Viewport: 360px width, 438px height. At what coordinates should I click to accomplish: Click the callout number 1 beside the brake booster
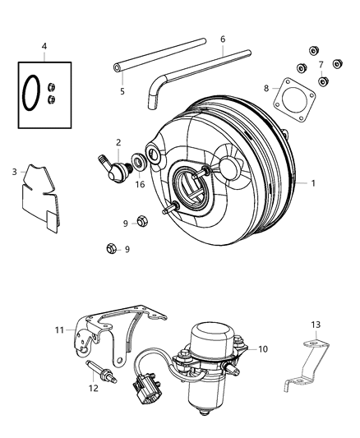pos(312,183)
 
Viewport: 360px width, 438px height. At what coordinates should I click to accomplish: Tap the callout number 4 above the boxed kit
pos(44,46)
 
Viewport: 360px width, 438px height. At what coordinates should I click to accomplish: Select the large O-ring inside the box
pos(30,91)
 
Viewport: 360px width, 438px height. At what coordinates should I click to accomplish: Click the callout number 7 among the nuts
pos(321,65)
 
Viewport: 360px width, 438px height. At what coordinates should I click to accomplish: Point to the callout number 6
pos(222,38)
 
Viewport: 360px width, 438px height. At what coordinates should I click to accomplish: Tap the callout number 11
pos(58,330)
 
